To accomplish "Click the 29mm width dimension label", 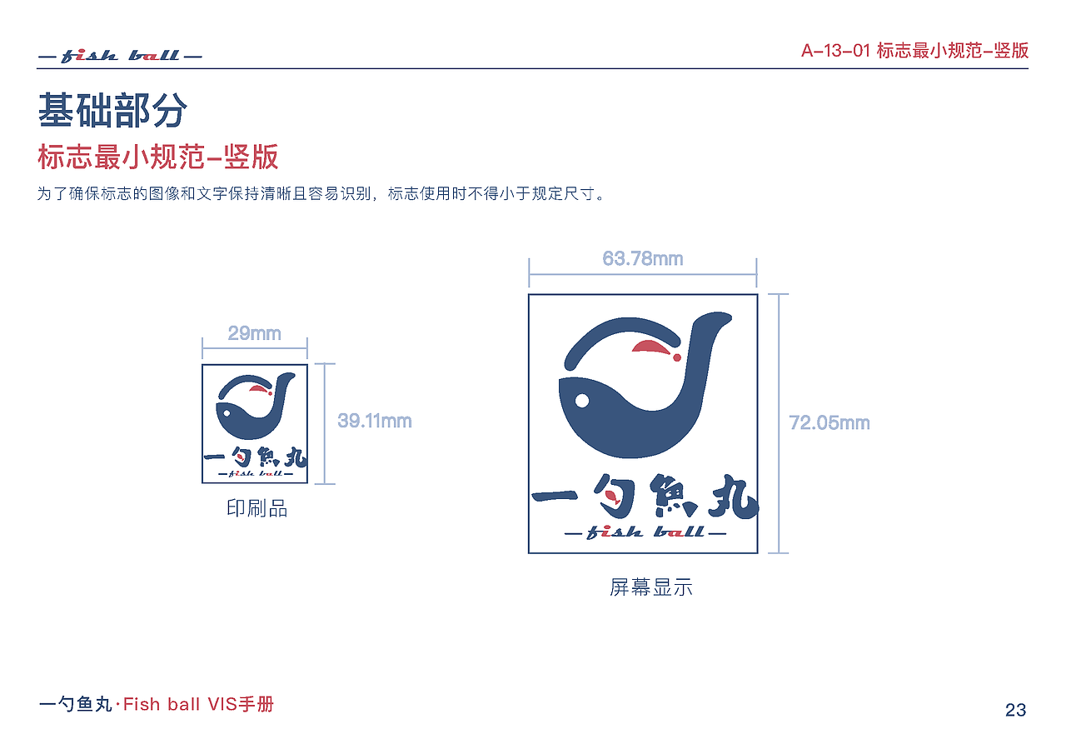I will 254,333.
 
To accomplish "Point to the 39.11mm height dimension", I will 374,421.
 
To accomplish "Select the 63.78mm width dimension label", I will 642,259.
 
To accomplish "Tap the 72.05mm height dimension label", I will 829,423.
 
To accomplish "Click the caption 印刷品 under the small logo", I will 257,508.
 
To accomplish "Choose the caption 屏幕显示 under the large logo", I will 650,587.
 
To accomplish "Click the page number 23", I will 1015,710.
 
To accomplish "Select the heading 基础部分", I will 112,111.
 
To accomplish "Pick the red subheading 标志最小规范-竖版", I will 158,157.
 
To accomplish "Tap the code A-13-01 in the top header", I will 835,51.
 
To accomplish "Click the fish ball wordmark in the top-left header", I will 121,56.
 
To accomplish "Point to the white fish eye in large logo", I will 582,401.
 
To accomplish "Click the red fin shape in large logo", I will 654,347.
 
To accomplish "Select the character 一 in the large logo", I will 556,497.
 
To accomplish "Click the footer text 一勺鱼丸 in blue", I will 75,705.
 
